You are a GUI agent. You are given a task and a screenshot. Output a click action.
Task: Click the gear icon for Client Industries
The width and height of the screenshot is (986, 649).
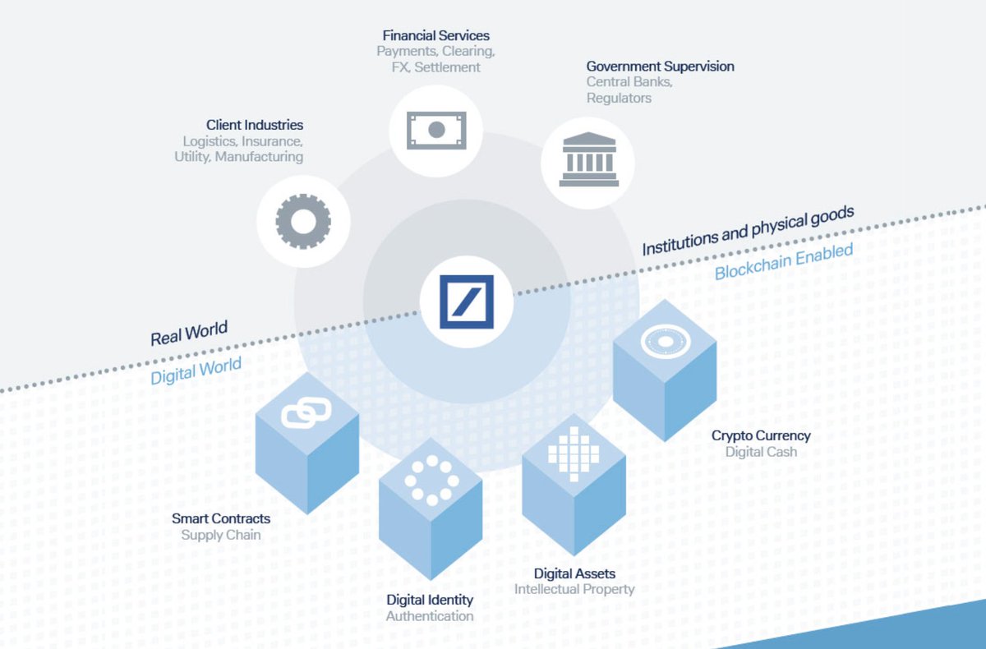tap(303, 220)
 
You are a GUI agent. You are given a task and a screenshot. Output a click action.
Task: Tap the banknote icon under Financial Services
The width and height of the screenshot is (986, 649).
tap(436, 130)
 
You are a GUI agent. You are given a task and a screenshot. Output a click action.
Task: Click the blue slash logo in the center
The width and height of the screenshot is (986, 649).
tap(467, 301)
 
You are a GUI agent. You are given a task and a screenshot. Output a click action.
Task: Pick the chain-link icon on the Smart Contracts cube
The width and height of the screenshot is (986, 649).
tap(306, 412)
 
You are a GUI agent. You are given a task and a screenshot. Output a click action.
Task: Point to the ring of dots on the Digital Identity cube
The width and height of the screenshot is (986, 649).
tap(431, 481)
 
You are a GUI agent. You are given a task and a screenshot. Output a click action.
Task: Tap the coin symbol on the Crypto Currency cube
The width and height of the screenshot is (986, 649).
tap(666, 340)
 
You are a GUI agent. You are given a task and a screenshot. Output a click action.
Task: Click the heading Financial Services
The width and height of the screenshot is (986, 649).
tap(436, 36)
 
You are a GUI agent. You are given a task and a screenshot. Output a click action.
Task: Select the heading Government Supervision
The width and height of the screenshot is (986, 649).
tap(660, 67)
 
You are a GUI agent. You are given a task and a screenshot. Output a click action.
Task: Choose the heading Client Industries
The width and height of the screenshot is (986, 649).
tap(255, 126)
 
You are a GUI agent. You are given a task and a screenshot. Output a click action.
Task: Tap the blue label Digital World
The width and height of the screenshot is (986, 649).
tap(196, 371)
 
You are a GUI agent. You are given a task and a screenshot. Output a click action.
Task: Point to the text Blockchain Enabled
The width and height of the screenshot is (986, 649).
tap(784, 261)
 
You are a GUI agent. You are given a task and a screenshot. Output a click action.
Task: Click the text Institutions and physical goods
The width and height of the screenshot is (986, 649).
tap(748, 229)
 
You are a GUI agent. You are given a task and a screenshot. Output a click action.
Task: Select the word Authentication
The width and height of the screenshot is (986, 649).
tap(430, 615)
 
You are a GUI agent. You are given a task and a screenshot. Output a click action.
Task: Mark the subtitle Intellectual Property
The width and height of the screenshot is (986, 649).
tap(574, 589)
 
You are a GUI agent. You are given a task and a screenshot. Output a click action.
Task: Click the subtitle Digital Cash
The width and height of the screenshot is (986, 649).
tap(761, 452)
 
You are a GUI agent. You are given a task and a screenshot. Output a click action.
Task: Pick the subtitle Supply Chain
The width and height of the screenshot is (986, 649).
tap(221, 535)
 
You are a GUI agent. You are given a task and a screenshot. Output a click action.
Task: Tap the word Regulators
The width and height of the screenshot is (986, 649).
tap(619, 99)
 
